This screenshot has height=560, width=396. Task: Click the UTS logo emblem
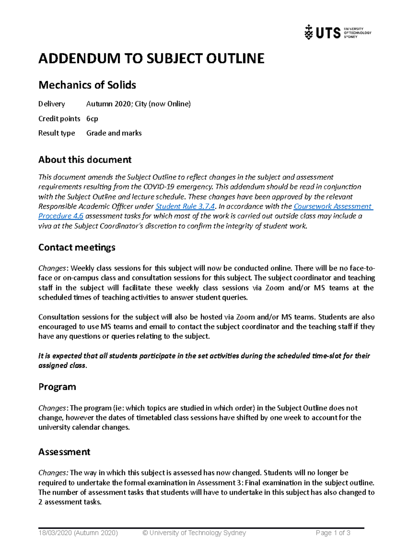coord(309,32)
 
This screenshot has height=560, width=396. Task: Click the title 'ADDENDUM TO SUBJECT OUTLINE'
coord(151,59)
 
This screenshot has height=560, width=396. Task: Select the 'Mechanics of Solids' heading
coord(87,85)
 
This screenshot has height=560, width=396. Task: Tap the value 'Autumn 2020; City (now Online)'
coord(138,104)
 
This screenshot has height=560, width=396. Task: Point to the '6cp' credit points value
coord(92,118)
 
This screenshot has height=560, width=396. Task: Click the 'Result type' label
coord(56,133)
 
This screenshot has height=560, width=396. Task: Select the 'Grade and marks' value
coord(114,133)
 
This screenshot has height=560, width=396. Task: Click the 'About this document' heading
coord(85,160)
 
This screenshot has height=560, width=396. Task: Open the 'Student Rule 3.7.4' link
coord(185,206)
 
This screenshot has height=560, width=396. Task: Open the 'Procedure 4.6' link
coord(61,216)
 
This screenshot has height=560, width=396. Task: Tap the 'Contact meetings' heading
coord(77,247)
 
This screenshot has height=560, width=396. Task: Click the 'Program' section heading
coord(57,387)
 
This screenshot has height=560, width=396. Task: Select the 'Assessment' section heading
coord(64,452)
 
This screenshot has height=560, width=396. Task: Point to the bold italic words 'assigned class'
coord(62,365)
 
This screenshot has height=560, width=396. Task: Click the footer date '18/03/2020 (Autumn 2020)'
coord(78,533)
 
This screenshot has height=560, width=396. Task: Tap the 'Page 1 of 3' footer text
coord(333,533)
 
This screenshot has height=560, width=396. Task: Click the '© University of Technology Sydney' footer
coord(194,533)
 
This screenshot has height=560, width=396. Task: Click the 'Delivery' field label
coord(51,104)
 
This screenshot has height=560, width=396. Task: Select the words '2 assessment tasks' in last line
coord(69,502)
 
